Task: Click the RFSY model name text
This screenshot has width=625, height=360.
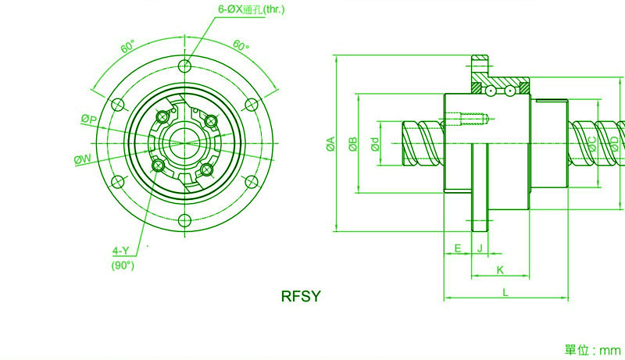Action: [301, 296]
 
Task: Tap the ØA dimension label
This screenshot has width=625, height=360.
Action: [330, 144]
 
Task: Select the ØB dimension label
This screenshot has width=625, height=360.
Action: [353, 144]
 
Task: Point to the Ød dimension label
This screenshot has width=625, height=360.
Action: [375, 144]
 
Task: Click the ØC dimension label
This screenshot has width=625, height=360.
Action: [592, 144]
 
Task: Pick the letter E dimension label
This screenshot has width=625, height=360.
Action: [458, 248]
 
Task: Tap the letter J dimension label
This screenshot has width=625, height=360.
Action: [480, 248]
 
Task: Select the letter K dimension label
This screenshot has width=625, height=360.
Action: [500, 270]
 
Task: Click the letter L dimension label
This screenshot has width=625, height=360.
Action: [505, 293]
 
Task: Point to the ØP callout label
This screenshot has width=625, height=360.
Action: [89, 119]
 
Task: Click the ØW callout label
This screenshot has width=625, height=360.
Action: [83, 159]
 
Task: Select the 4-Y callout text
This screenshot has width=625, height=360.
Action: [120, 251]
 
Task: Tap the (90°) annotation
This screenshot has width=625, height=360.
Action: [123, 266]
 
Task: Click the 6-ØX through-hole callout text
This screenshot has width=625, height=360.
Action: [251, 9]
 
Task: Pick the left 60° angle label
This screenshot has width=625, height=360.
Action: [128, 46]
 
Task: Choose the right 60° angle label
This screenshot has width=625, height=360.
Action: [241, 45]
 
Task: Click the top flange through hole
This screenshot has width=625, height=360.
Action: [184, 66]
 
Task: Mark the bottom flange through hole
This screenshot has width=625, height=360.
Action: [184, 220]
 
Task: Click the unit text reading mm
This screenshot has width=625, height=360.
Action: [610, 351]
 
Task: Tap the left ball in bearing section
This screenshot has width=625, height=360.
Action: [491, 91]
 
